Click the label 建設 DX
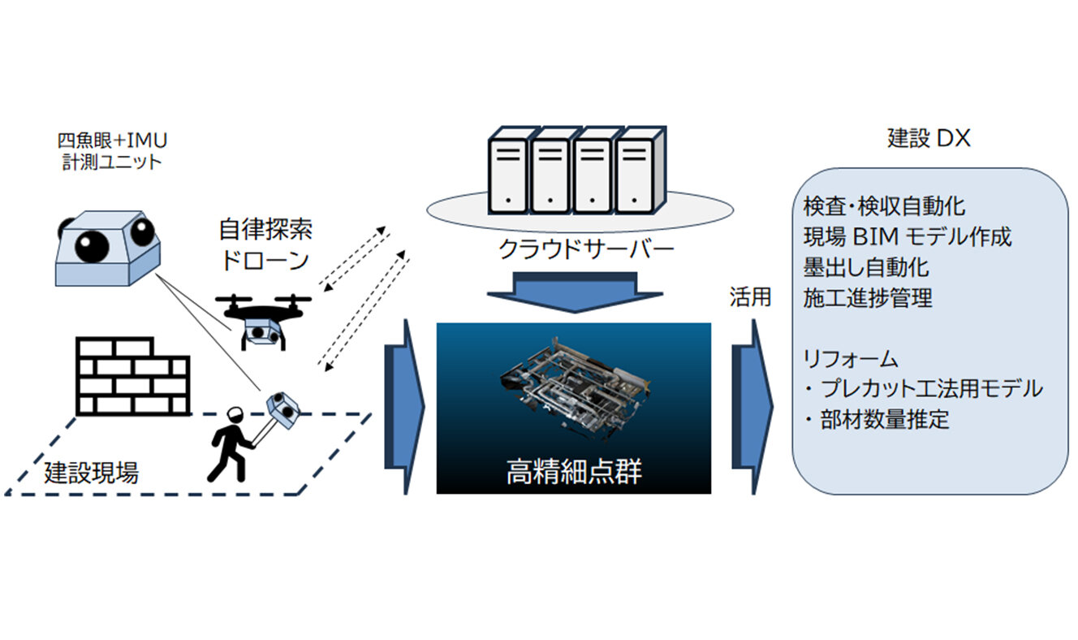(x=929, y=139)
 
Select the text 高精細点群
(x=573, y=472)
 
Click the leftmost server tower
(x=509, y=172)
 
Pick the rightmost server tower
(x=635, y=172)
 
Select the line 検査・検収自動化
(x=884, y=205)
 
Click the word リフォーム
(x=850, y=358)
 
